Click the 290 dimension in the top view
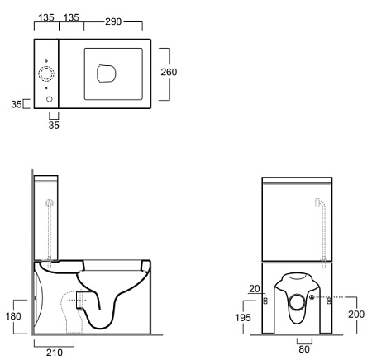point(113,21)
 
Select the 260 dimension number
point(169,72)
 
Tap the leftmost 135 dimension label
point(46,17)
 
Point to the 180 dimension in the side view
point(13,316)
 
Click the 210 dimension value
point(55,353)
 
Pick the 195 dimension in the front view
point(243,318)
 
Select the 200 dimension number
point(356,315)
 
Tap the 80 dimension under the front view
point(304,349)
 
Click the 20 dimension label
point(255,289)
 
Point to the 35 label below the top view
point(54,126)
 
